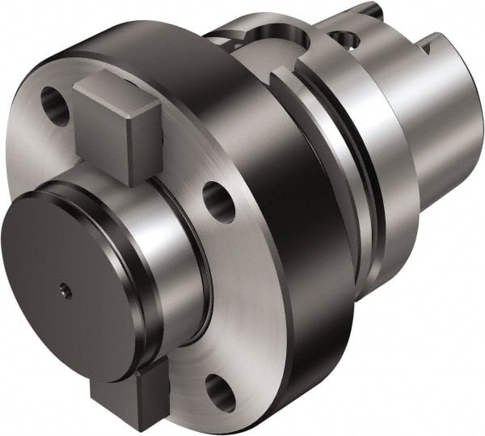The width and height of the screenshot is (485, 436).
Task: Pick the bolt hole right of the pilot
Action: (219, 201)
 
